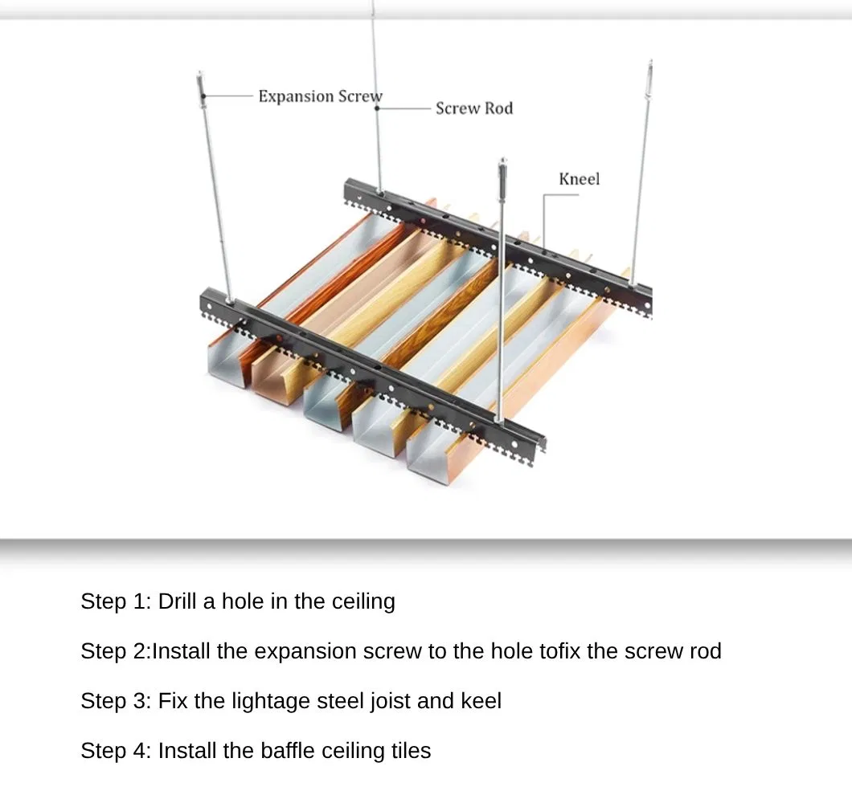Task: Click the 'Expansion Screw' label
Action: coord(320,96)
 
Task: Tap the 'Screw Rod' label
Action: coord(473,108)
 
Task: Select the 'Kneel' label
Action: coord(579,179)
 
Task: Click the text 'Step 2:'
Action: coord(116,651)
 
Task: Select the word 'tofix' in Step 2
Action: coord(559,651)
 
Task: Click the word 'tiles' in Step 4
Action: coord(409,751)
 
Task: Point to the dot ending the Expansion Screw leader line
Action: coord(203,96)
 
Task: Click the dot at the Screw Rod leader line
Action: coord(377,108)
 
